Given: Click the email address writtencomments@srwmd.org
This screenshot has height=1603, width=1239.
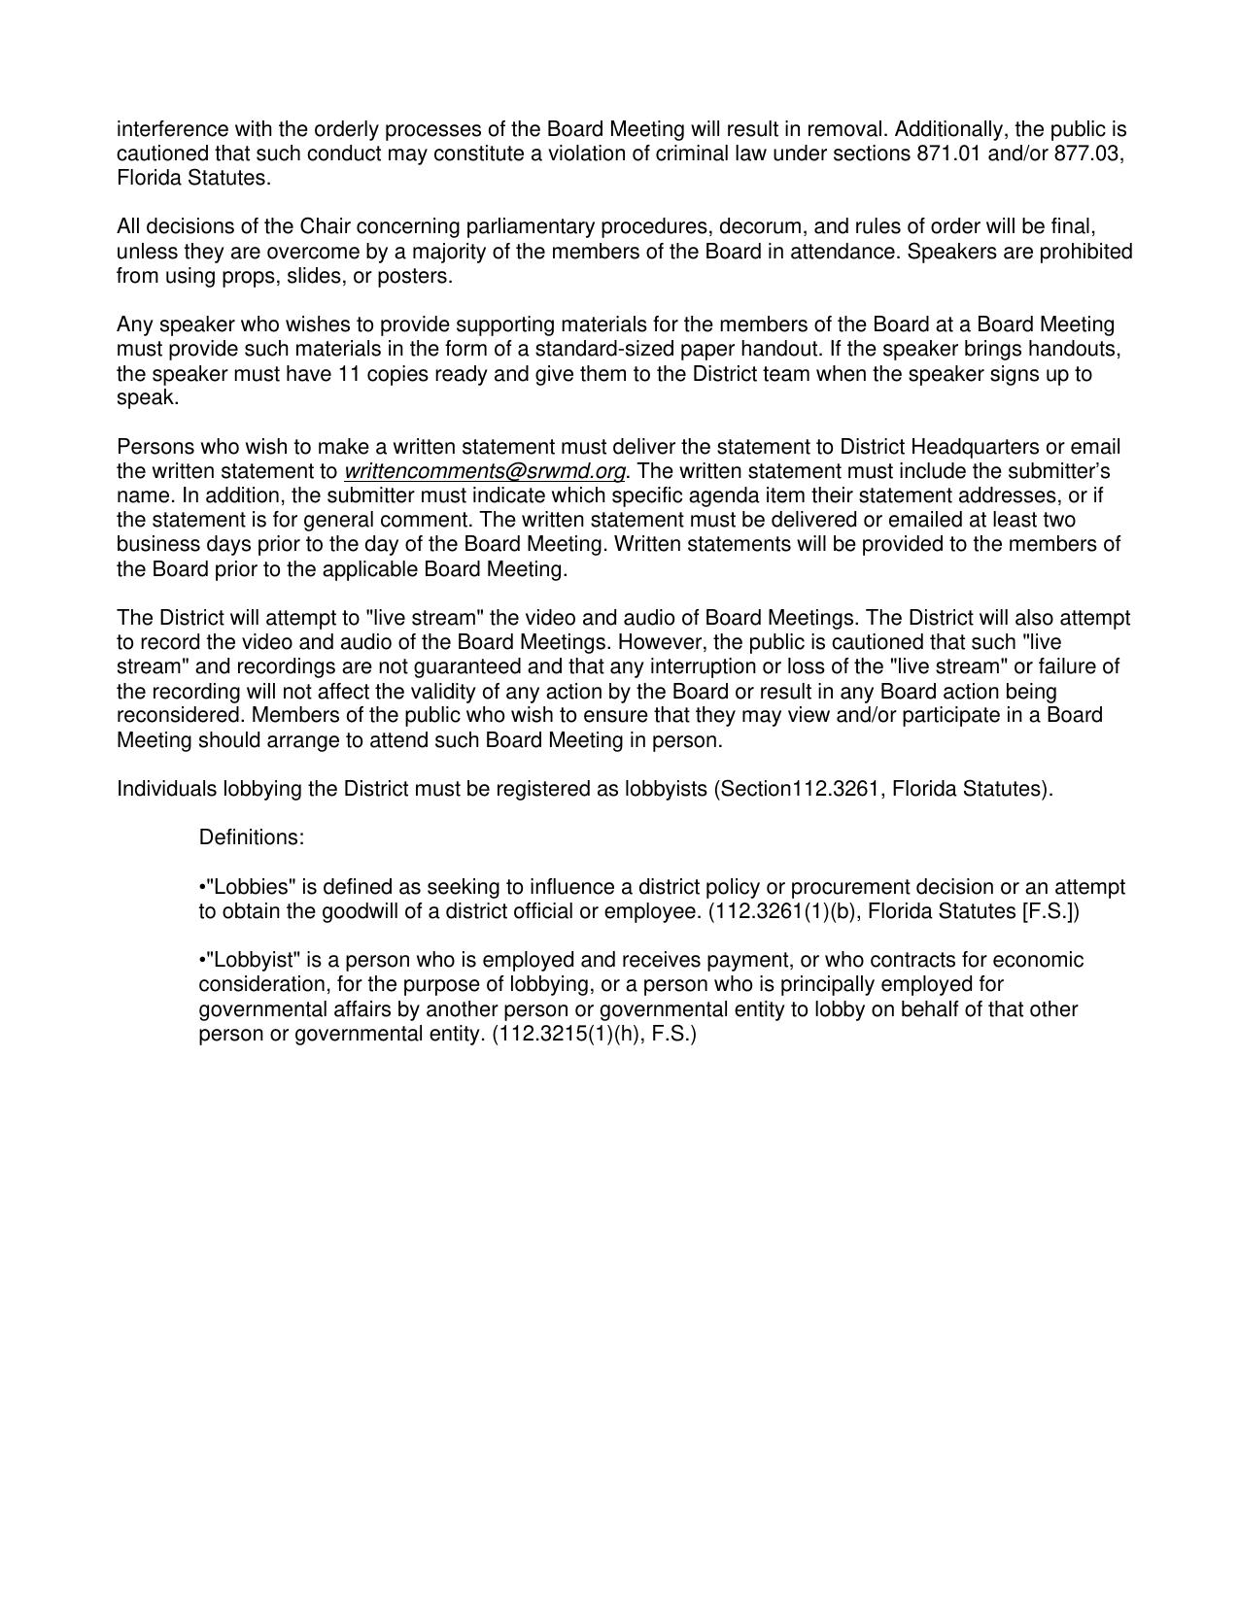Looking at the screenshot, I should click(x=484, y=472).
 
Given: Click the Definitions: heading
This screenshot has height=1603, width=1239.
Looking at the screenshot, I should click(x=252, y=837).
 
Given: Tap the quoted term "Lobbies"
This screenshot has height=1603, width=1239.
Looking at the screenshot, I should click(x=251, y=887).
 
